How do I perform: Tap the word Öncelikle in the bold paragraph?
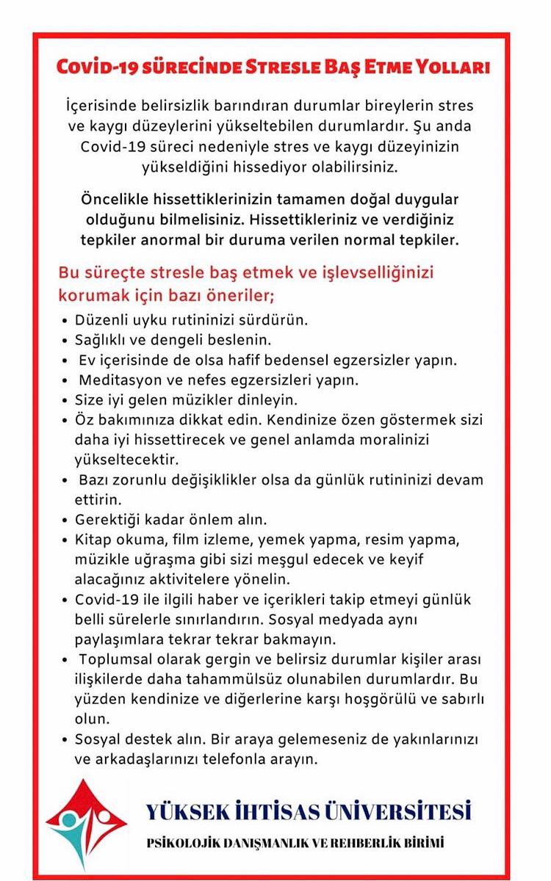pyautogui.click(x=118, y=200)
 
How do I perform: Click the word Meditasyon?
pyautogui.click(x=118, y=381)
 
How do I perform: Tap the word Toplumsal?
pyautogui.click(x=118, y=659)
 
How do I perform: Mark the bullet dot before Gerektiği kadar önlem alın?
pyautogui.click(x=65, y=521)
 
